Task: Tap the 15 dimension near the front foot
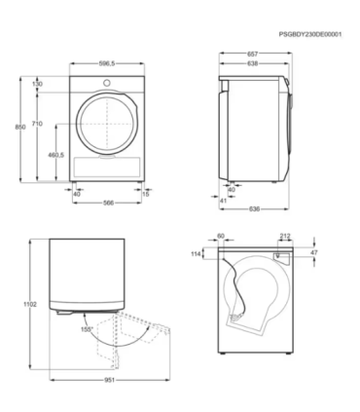(x=146, y=193)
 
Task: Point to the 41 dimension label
(x=222, y=200)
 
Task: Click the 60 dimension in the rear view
(x=221, y=235)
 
